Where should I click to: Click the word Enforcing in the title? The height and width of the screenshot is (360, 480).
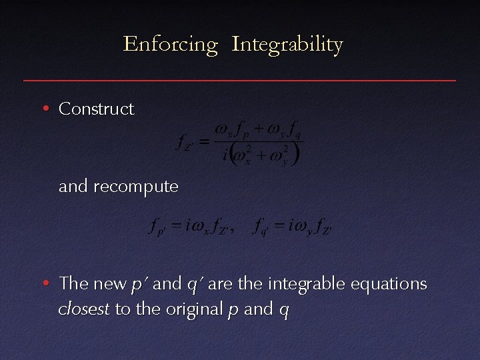point(171,45)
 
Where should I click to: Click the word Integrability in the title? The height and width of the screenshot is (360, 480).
point(287,45)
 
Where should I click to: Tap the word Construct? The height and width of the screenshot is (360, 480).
point(96,109)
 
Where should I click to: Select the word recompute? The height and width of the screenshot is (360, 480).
point(136,187)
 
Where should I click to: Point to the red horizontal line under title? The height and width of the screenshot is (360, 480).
point(240,80)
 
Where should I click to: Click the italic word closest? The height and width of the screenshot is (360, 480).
point(84,309)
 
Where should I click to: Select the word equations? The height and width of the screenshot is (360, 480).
point(387,284)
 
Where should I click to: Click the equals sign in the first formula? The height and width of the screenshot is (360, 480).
point(204,141)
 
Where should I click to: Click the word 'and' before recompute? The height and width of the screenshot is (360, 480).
point(74,187)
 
